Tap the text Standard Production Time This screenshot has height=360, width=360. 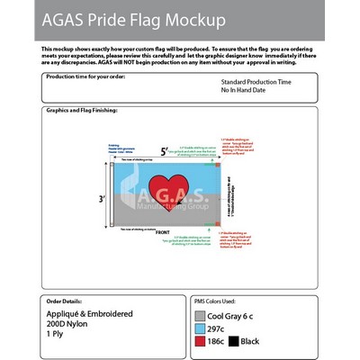(x=256, y=82)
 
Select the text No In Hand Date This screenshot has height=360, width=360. (x=243, y=90)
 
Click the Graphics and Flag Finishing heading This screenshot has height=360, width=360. (x=81, y=111)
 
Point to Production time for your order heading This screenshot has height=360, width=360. (x=80, y=78)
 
